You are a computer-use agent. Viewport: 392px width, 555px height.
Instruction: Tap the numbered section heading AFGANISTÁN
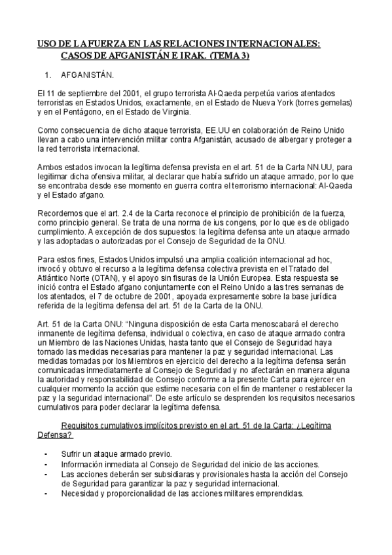pos(91,75)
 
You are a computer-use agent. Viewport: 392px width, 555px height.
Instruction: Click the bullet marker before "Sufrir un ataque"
pos(45,454)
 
